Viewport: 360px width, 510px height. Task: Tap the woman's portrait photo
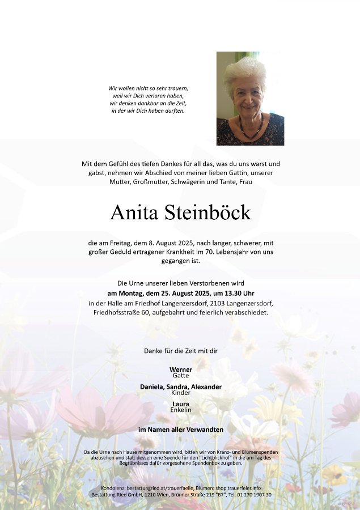(x=250, y=99)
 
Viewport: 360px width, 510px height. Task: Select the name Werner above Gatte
(x=180, y=369)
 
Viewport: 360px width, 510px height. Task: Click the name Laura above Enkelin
(x=180, y=403)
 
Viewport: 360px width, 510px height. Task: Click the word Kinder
(x=180, y=393)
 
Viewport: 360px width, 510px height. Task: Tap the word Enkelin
(x=180, y=410)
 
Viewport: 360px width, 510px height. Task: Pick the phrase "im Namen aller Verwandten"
(x=180, y=430)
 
